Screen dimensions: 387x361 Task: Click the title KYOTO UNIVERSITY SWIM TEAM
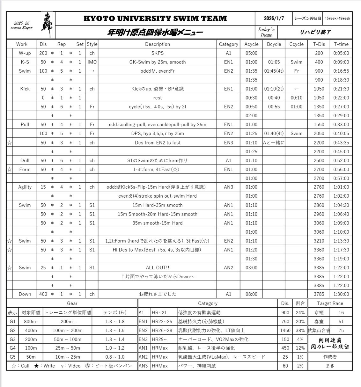click(x=155, y=18)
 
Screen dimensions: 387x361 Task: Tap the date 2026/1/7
click(x=274, y=18)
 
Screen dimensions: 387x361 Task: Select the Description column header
click(x=158, y=44)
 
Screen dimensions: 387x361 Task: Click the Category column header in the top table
click(x=228, y=44)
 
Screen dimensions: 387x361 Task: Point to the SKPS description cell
click(x=158, y=53)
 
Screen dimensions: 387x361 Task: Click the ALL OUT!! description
click(x=158, y=268)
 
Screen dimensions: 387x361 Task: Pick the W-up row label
click(x=25, y=53)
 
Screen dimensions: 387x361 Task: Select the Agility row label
click(x=25, y=187)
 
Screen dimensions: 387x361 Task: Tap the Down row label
click(x=25, y=294)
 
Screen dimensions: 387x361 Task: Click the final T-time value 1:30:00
click(x=341, y=294)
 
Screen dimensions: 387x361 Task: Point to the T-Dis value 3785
click(x=319, y=294)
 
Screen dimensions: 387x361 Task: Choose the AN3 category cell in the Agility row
click(x=228, y=187)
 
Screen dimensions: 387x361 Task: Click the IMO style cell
click(x=92, y=62)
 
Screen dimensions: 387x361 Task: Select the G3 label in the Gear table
click(x=12, y=340)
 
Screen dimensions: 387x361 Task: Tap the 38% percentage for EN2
click(x=300, y=331)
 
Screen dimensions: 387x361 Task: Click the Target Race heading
click(x=330, y=303)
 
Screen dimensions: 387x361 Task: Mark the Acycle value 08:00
click(x=251, y=294)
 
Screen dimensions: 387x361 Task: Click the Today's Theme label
click(x=266, y=32)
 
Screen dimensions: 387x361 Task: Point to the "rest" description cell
click(x=158, y=98)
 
